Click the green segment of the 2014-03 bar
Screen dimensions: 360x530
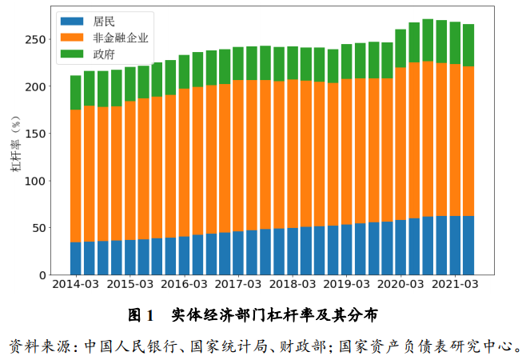pos(76,93)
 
